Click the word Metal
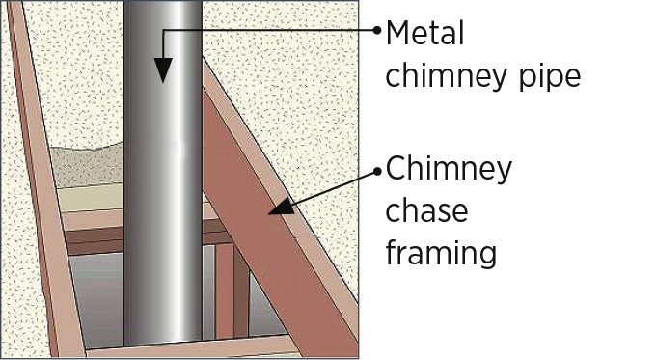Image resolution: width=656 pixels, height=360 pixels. click(x=424, y=33)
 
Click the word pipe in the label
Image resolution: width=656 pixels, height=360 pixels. click(x=550, y=78)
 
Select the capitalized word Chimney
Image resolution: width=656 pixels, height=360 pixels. click(x=449, y=169)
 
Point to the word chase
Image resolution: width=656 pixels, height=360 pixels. click(x=426, y=210)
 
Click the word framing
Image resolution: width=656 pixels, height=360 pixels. click(x=441, y=252)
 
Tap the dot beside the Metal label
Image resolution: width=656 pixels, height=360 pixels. click(x=377, y=30)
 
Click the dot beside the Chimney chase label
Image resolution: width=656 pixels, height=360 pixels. click(x=377, y=171)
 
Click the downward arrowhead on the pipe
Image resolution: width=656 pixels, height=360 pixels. click(x=163, y=69)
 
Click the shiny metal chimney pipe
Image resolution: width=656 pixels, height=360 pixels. click(x=163, y=176)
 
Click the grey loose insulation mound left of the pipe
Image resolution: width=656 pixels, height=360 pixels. click(x=87, y=166)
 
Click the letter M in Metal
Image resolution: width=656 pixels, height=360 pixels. click(x=397, y=33)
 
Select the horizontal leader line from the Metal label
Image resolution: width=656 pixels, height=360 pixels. click(x=270, y=30)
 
